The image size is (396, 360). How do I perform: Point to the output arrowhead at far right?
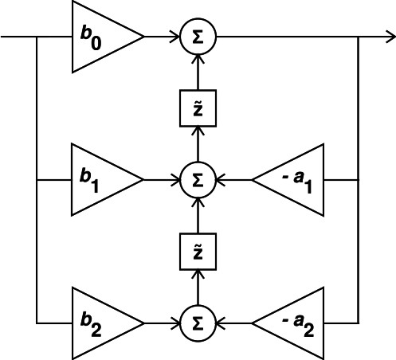pyautogui.click(x=391, y=37)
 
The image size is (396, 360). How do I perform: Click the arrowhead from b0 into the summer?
pyautogui.click(x=176, y=37)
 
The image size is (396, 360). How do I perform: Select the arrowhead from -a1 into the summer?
pyautogui.click(x=220, y=180)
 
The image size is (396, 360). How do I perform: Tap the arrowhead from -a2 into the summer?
pyautogui.click(x=220, y=323)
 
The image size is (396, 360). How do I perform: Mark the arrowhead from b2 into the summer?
pyautogui.click(x=176, y=323)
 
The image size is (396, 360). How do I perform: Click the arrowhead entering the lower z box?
pyautogui.click(x=198, y=274)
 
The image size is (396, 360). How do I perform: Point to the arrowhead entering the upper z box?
pyautogui.click(x=198, y=131)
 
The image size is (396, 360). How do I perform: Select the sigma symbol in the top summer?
pyautogui.click(x=198, y=37)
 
